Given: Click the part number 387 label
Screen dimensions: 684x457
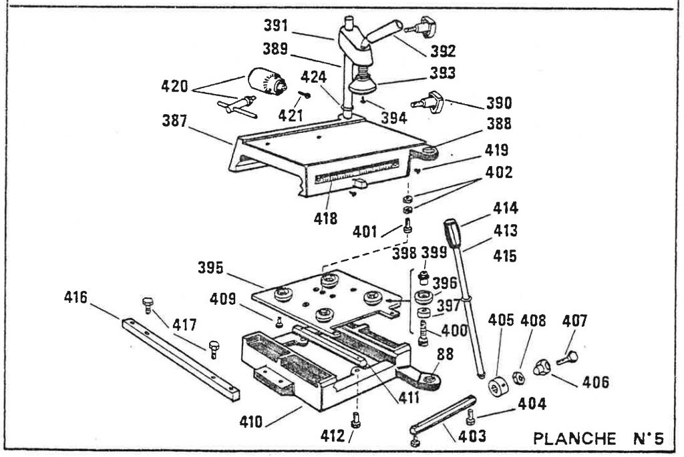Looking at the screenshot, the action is pyautogui.click(x=174, y=121).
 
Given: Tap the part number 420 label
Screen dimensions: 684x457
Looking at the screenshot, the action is pyautogui.click(x=174, y=86).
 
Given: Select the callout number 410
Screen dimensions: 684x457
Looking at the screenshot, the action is pyautogui.click(x=251, y=422).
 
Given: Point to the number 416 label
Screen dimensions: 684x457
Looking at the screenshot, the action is pyautogui.click(x=76, y=298).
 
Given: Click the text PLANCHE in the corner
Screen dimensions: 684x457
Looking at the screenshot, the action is pyautogui.click(x=574, y=438).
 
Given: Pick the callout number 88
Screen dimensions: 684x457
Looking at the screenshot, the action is pyautogui.click(x=445, y=354).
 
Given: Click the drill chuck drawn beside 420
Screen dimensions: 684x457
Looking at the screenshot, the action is pyautogui.click(x=267, y=81).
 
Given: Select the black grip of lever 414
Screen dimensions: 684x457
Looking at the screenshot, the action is pyautogui.click(x=452, y=234).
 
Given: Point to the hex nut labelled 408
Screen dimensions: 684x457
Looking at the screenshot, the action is pyautogui.click(x=518, y=378).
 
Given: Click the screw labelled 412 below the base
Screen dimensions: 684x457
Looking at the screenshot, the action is pyautogui.click(x=355, y=420).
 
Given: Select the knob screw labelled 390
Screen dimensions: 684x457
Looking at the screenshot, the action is pyautogui.click(x=428, y=102).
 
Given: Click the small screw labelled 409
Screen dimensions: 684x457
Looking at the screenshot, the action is pyautogui.click(x=279, y=322).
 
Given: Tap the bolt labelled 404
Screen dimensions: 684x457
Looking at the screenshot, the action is pyautogui.click(x=470, y=417).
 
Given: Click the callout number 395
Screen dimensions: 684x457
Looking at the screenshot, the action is pyautogui.click(x=210, y=268).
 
